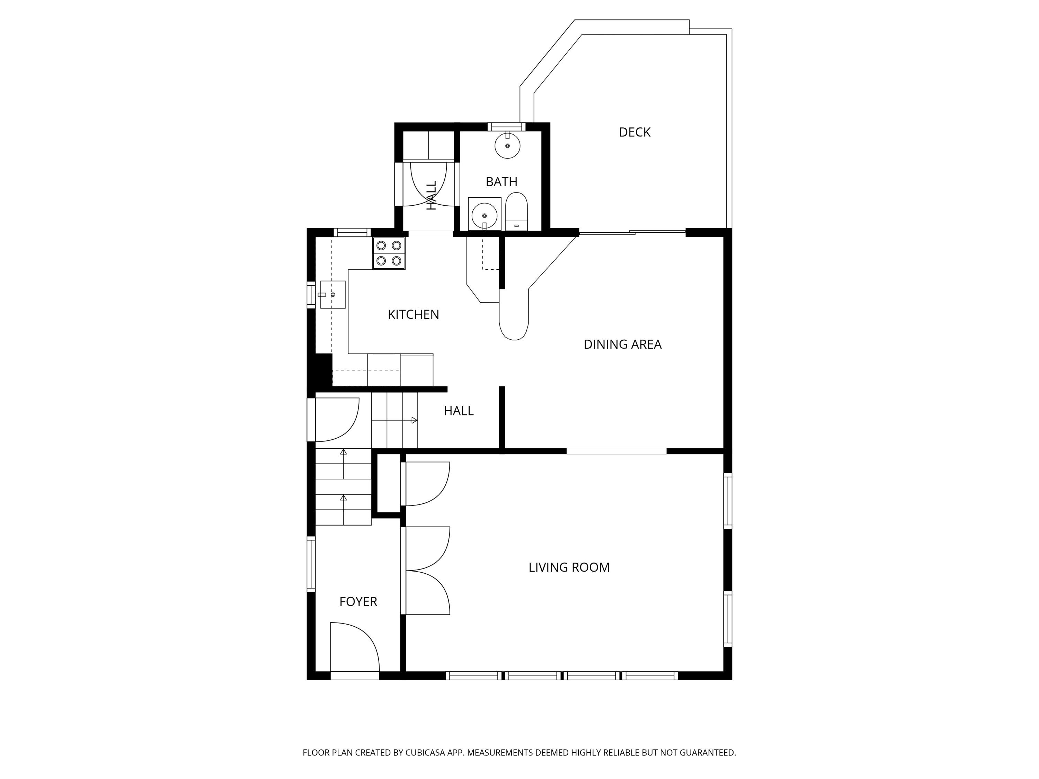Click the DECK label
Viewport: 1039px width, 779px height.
click(634, 132)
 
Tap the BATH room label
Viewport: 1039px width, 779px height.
click(501, 182)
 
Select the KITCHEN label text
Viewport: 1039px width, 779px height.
click(413, 315)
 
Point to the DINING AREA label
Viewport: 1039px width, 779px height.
click(622, 344)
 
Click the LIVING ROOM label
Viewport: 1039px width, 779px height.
click(568, 567)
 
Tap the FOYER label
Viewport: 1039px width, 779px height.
click(358, 601)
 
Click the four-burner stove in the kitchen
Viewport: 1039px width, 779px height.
click(389, 253)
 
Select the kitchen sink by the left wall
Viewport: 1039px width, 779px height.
click(332, 294)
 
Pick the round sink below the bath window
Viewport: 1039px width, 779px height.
click(507, 145)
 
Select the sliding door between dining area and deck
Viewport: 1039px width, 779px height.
click(632, 232)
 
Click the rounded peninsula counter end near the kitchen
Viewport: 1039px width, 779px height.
click(514, 324)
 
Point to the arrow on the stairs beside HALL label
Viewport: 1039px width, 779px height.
click(414, 420)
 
